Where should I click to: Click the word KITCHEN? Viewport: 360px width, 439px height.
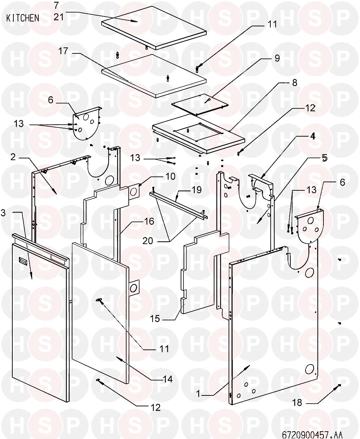click(x=23, y=18)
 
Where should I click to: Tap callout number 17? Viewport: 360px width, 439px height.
click(x=63, y=51)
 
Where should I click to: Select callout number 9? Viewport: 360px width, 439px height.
click(x=277, y=58)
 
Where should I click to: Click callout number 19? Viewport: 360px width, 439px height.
click(x=197, y=190)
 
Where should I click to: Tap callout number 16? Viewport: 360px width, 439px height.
click(x=149, y=221)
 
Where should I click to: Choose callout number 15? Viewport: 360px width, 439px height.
click(x=155, y=319)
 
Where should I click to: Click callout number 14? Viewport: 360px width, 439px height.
click(x=168, y=379)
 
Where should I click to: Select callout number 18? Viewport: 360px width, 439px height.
click(x=297, y=402)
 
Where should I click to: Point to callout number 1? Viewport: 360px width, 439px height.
click(x=199, y=394)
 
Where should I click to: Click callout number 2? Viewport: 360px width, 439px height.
click(x=13, y=157)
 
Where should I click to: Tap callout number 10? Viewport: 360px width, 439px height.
click(x=170, y=176)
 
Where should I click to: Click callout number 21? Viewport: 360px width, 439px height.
click(x=59, y=17)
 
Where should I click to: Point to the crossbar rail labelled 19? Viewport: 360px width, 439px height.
click(x=179, y=204)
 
